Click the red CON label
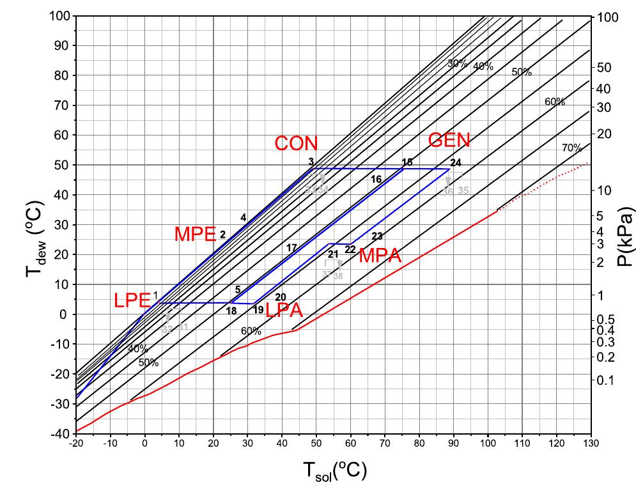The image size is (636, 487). tap(296, 144)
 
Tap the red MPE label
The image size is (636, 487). tap(195, 235)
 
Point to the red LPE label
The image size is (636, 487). tap(132, 300)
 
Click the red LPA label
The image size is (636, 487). tap(284, 311)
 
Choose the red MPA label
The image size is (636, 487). tap(380, 257)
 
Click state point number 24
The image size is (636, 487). tap(455, 162)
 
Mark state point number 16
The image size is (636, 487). tap(376, 180)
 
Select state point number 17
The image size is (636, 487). tap(291, 247)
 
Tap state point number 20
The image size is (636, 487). tap(280, 297)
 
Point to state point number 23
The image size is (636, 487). tap(377, 236)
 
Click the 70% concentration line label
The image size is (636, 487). tap(571, 148)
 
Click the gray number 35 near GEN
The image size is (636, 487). tap(463, 190)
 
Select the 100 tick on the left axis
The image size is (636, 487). tap(58, 16)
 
